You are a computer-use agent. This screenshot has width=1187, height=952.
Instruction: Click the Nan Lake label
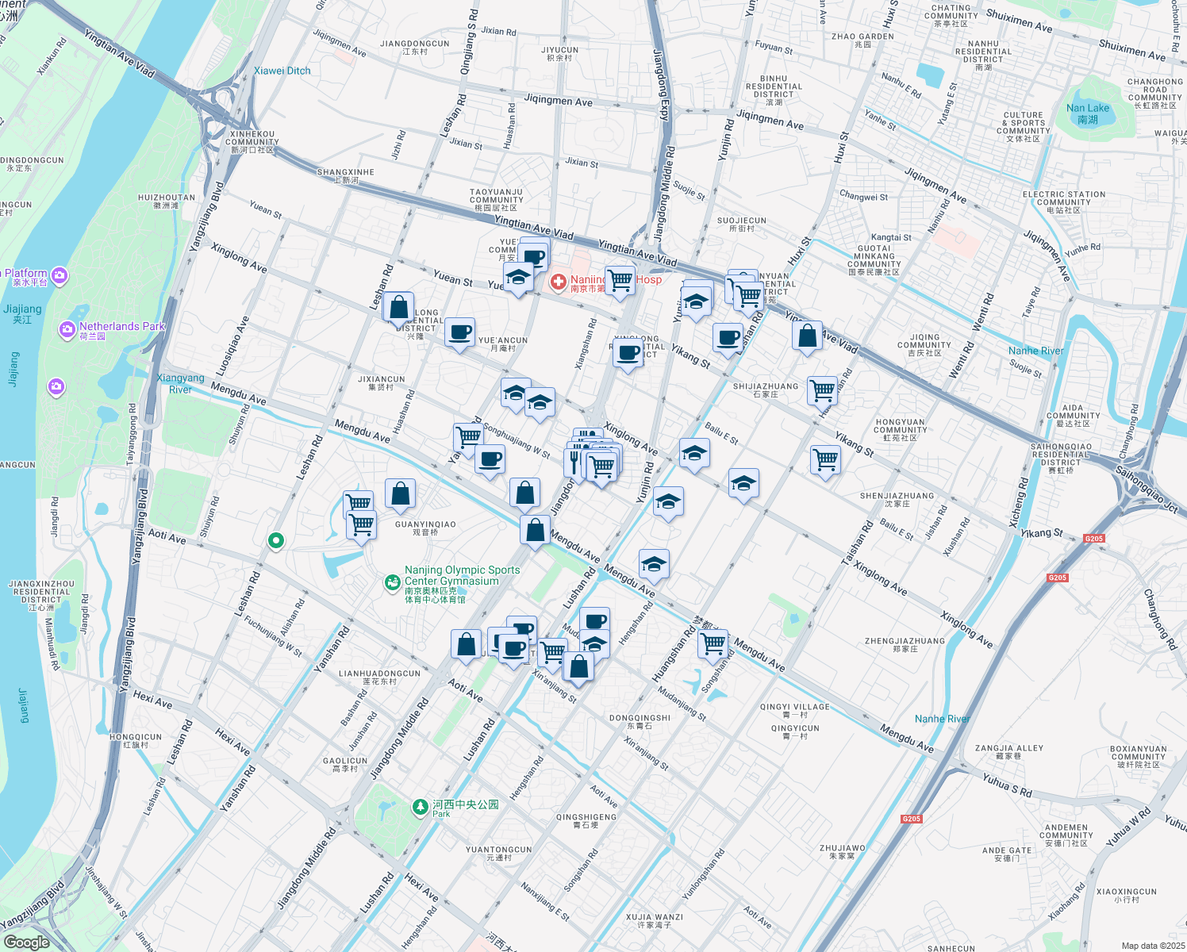tap(1087, 113)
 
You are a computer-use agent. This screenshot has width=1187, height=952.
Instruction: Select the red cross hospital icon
tap(559, 282)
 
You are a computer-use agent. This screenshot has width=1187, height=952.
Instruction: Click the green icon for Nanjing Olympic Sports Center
tap(392, 583)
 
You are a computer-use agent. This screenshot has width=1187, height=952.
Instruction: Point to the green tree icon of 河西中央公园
tap(420, 807)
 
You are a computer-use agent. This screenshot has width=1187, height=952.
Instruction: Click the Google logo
tap(27, 942)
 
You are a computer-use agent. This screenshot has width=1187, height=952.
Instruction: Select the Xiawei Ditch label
tap(282, 71)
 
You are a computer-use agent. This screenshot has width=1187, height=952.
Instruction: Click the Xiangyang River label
tap(181, 383)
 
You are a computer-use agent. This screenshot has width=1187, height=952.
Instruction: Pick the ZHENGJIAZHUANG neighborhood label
tap(905, 644)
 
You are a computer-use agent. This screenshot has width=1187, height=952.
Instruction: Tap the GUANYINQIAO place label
tap(425, 528)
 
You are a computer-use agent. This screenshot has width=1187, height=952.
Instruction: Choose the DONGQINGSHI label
tap(640, 721)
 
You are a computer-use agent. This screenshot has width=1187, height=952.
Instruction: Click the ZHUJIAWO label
tap(842, 851)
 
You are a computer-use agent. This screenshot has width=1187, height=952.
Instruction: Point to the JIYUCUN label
tap(559, 53)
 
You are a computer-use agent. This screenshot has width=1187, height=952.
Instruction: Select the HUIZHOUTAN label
tap(167, 201)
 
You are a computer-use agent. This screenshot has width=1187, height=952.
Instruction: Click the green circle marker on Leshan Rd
tap(276, 541)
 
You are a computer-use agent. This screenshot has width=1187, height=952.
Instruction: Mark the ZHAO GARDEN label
tap(862, 40)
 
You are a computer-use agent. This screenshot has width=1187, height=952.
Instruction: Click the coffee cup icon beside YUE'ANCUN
tap(459, 332)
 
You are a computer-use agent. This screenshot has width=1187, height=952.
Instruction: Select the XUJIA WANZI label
tap(654, 920)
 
